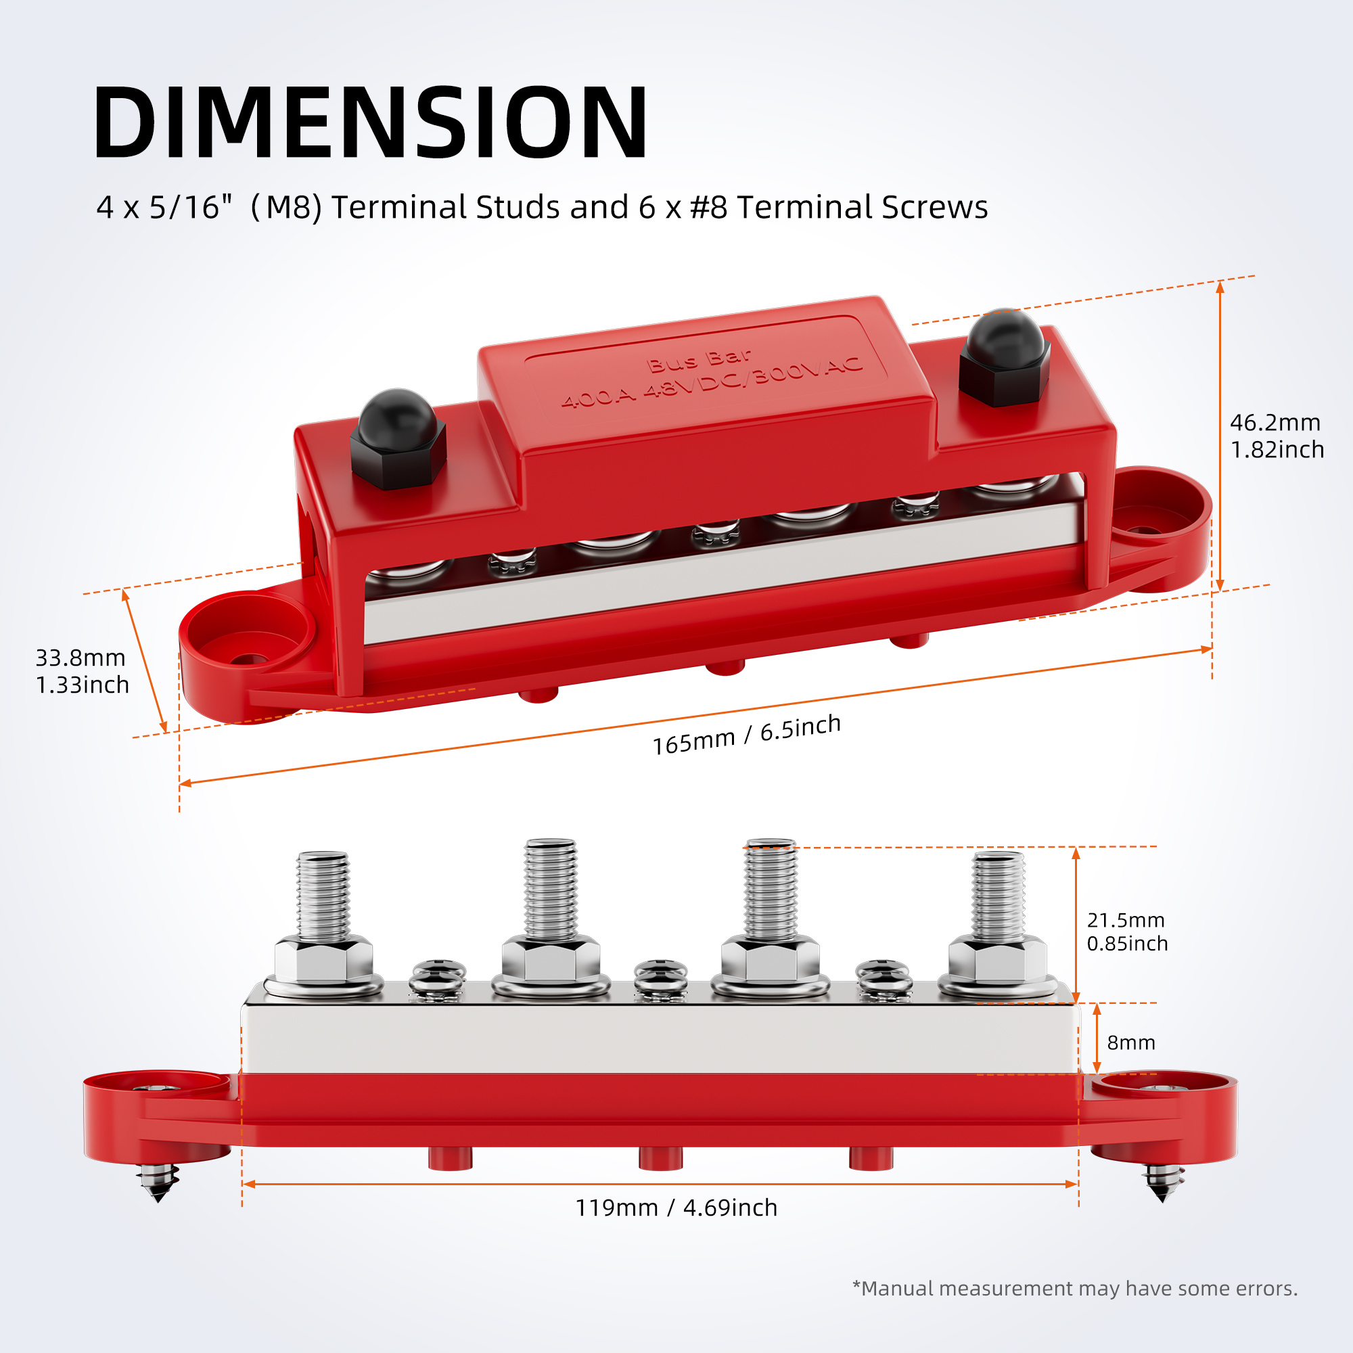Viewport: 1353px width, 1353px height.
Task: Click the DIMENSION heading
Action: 371,122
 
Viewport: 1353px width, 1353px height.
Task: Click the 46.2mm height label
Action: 1276,436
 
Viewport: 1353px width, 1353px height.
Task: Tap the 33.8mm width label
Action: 82,671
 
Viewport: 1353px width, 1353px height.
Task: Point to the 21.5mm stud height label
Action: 1127,932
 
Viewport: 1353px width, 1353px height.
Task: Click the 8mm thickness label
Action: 1130,1042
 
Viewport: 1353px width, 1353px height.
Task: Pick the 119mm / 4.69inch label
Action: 676,1208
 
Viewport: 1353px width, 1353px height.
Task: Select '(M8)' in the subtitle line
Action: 285,207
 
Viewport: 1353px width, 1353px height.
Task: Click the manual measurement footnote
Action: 1075,1289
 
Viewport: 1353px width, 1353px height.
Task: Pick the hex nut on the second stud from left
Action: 551,960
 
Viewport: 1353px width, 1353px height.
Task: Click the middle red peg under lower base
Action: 660,1158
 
